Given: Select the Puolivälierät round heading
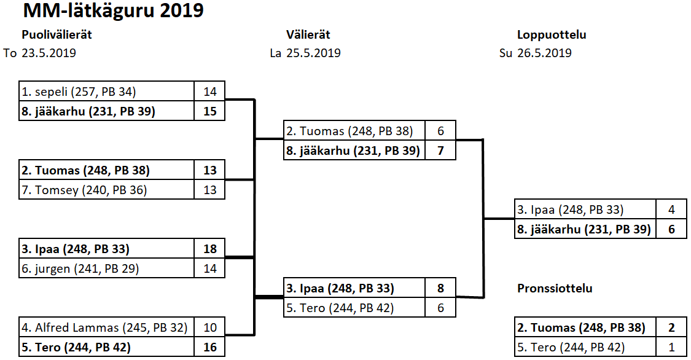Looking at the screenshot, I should click(57, 35).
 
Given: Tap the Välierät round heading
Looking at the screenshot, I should click(308, 35).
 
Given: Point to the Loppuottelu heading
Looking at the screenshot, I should click(551, 35).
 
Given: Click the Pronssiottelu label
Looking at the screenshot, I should click(555, 288).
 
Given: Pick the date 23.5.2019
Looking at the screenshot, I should click(49, 53).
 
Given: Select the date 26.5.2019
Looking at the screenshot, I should click(544, 53).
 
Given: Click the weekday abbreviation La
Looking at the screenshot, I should click(276, 53).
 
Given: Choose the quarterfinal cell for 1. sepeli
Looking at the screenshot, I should click(107, 92).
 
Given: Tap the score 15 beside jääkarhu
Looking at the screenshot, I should click(210, 112).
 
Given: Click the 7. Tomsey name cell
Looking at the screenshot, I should click(107, 190).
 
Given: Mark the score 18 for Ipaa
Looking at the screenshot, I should click(210, 249).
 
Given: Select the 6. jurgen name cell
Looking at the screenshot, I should click(107, 268).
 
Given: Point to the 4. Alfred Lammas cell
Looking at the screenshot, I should click(107, 327).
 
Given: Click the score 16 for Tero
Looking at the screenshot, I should click(210, 347).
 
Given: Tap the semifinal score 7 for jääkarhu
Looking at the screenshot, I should click(440, 151).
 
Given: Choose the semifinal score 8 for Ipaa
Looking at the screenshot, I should click(440, 288).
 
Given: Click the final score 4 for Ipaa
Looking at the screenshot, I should click(671, 209).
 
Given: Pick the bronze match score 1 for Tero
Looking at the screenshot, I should click(671, 347).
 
